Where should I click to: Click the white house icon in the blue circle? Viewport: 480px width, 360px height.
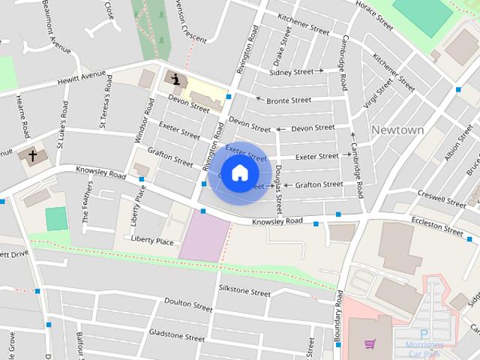239,173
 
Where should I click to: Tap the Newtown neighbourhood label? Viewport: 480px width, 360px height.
397,130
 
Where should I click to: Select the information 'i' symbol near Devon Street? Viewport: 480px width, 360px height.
175,78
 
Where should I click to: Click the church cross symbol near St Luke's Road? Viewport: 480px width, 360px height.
33,156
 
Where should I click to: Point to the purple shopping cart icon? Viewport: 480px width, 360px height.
370,344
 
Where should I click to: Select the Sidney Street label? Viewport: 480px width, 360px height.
291,71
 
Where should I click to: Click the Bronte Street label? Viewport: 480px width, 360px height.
288,100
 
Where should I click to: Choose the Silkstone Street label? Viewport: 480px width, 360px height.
244,292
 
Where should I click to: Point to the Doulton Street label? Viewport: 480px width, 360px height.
188,306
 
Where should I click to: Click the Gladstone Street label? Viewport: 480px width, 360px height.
176,334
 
